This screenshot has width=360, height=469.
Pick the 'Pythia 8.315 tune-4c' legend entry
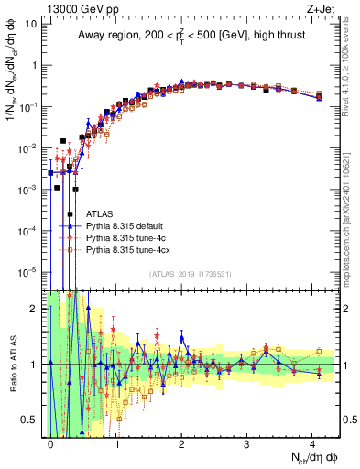(x=125, y=237)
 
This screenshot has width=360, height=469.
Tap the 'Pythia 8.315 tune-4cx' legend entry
(x=127, y=249)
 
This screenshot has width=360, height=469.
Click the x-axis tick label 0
(x=51, y=442)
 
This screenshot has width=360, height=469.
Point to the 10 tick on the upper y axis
(x=32, y=24)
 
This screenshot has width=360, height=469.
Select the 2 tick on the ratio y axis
(x=34, y=309)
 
